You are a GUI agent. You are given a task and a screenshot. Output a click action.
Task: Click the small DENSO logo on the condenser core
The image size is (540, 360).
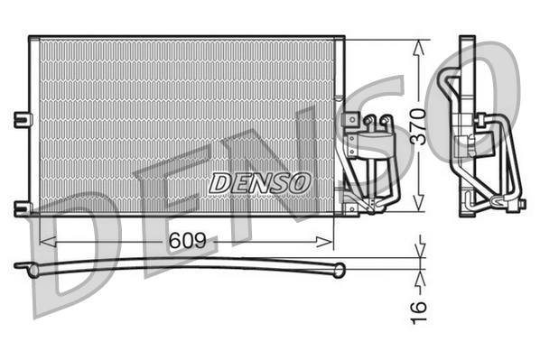coord(260,181)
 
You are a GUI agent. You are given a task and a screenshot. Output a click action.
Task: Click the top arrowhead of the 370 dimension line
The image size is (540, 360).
coord(417,46)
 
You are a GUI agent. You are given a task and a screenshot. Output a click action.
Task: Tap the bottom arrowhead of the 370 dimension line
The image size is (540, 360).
coord(417,206)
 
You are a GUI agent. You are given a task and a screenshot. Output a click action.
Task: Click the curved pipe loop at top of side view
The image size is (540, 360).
coord(447,86)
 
